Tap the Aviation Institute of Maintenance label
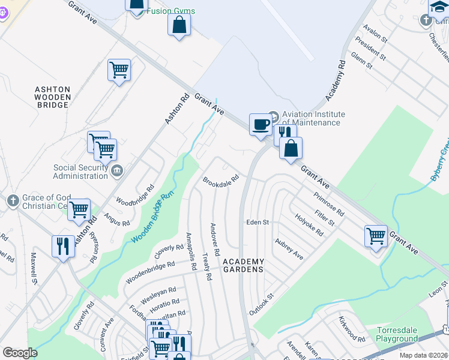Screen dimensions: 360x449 point(311,118)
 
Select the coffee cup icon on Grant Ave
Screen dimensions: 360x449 point(260,124)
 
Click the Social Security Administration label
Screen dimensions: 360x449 point(80,172)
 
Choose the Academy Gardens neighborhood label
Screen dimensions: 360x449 point(243,265)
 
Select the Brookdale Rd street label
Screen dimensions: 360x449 point(221,179)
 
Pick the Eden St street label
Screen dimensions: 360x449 point(258,223)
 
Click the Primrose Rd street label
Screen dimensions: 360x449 point(328,204)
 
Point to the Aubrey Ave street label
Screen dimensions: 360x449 point(289,248)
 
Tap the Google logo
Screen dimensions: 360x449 point(20,353)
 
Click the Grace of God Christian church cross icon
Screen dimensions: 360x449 point(13,201)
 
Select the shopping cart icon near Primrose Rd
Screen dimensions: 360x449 point(376,235)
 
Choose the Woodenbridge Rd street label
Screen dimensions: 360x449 point(149,272)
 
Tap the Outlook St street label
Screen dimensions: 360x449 point(262,305)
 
